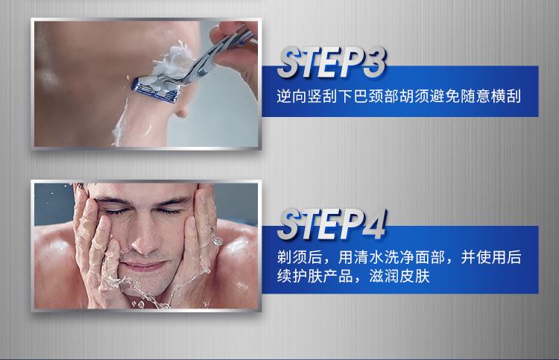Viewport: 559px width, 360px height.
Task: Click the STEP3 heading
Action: point(332,63)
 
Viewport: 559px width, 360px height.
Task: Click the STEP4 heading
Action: point(332,224)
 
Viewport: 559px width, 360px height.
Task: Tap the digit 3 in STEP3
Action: point(375,63)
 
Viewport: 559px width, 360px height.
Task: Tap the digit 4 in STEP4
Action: point(374,224)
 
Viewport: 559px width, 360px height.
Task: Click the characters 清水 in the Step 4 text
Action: point(369,257)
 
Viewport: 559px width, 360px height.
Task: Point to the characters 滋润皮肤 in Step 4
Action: point(399,277)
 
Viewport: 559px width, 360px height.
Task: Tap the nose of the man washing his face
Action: point(144,239)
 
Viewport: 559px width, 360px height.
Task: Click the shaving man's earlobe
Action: point(181,113)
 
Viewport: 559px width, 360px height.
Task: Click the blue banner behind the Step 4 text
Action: point(400,260)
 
